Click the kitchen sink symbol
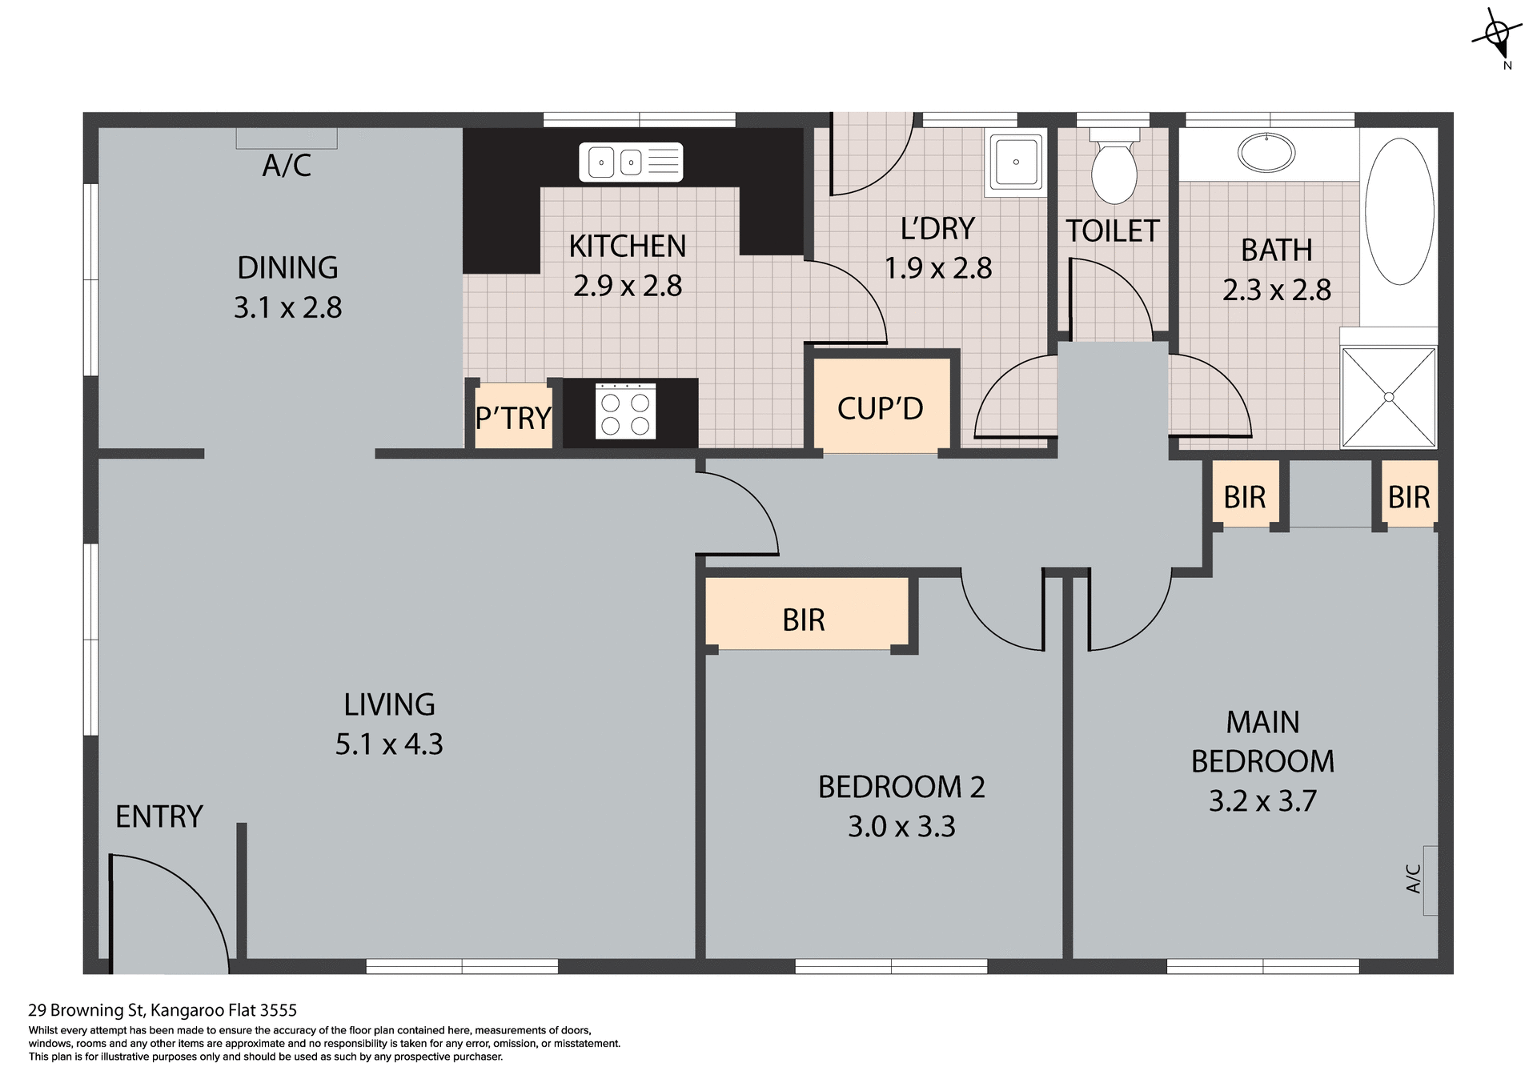[631, 162]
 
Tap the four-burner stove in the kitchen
[625, 411]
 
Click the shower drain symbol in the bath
[1389, 397]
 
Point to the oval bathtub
[1399, 211]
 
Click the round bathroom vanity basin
[1266, 152]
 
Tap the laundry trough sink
[1016, 162]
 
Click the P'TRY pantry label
[512, 418]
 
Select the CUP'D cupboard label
[880, 408]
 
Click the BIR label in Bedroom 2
[803, 620]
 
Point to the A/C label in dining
[287, 166]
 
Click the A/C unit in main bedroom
[1430, 880]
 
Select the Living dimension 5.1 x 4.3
[389, 744]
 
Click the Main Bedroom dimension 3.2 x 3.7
[1262, 800]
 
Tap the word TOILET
[1112, 231]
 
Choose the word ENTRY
[159, 816]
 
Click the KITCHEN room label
[627, 247]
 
